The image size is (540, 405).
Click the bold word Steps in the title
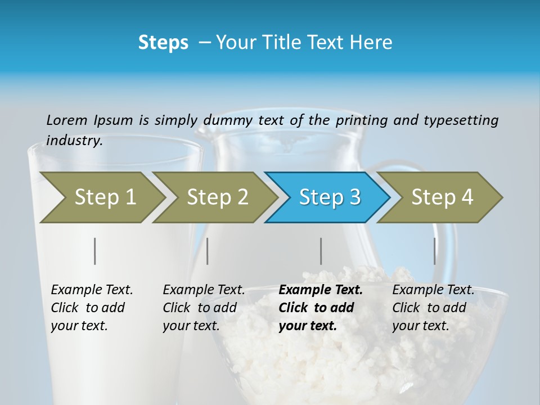click(163, 43)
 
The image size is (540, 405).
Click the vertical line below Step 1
click(95, 251)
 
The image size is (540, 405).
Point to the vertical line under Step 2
click(208, 251)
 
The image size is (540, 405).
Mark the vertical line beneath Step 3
click(321, 251)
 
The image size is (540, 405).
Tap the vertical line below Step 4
click(435, 251)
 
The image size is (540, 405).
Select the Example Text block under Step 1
click(92, 308)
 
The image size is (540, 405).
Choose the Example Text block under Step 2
click(204, 308)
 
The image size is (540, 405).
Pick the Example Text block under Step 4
click(433, 308)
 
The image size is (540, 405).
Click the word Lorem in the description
click(67, 120)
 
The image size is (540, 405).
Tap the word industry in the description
click(74, 141)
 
